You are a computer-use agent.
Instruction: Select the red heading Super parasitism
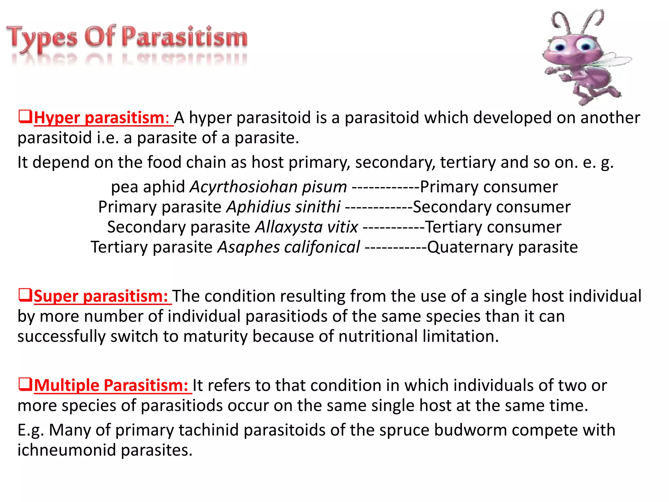[x=101, y=296]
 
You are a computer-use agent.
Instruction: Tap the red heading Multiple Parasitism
[x=111, y=385]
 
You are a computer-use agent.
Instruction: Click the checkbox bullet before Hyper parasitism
[x=25, y=116]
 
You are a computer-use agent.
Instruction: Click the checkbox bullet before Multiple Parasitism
[x=25, y=384]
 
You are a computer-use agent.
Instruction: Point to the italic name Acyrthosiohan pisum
[x=268, y=187]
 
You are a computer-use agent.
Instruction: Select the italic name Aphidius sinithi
[x=284, y=207]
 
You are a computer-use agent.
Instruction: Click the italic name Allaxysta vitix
[x=306, y=227]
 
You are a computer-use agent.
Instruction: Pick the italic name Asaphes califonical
[x=289, y=247]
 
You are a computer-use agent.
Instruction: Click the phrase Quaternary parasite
[x=502, y=247]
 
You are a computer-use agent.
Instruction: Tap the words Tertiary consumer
[x=493, y=227]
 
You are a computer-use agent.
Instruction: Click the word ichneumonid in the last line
[x=67, y=450]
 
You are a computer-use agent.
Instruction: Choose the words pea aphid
[x=148, y=187]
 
